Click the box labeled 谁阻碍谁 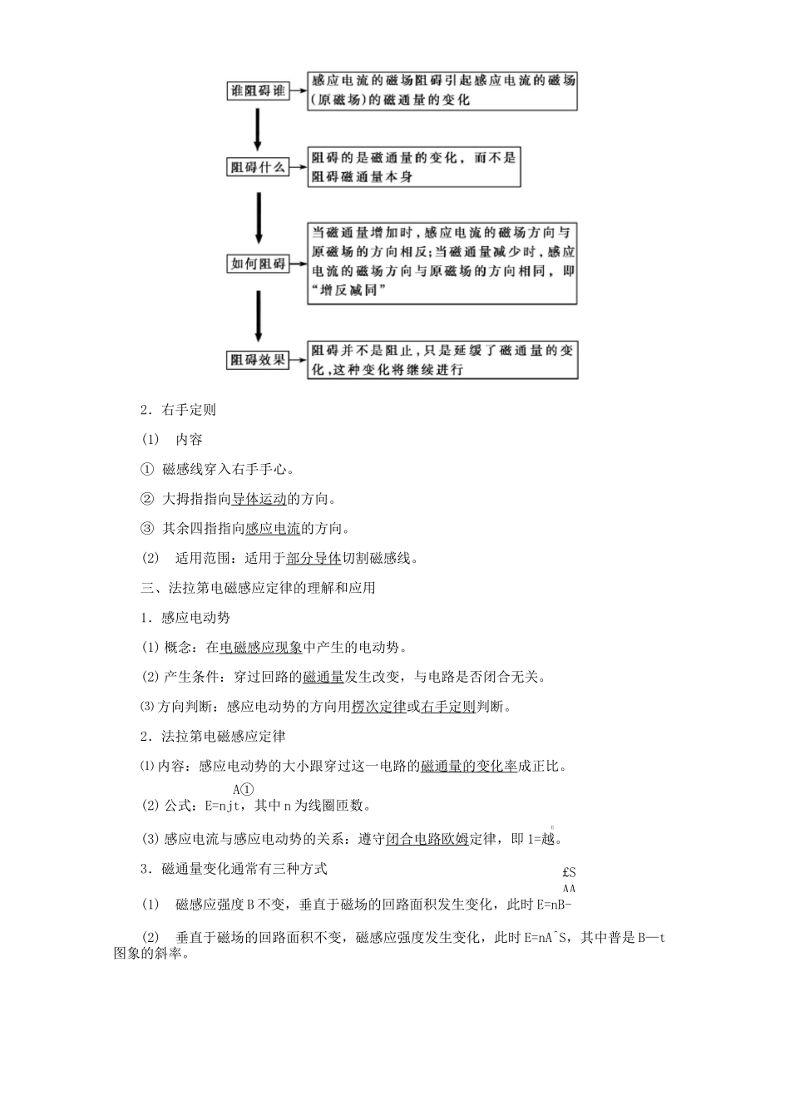pyautogui.click(x=258, y=91)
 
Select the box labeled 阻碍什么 pyautogui.click(x=258, y=167)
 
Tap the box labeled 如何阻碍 pyautogui.click(x=258, y=264)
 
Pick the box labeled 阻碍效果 pyautogui.click(x=258, y=360)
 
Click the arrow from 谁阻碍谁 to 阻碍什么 pyautogui.click(x=258, y=129)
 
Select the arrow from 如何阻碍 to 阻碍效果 pyautogui.click(x=258, y=314)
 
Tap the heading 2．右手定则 pyautogui.click(x=179, y=409)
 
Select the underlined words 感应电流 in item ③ pyautogui.click(x=273, y=529)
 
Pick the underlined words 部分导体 pyautogui.click(x=314, y=558)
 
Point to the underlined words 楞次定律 pyautogui.click(x=378, y=707)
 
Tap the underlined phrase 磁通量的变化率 pyautogui.click(x=468, y=766)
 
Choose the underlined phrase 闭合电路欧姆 pyautogui.click(x=427, y=839)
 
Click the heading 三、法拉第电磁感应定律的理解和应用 pyautogui.click(x=259, y=588)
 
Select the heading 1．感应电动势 pyautogui.click(x=185, y=617)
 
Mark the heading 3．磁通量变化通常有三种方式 pyautogui.click(x=234, y=869)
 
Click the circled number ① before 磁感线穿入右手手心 pyautogui.click(x=147, y=470)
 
